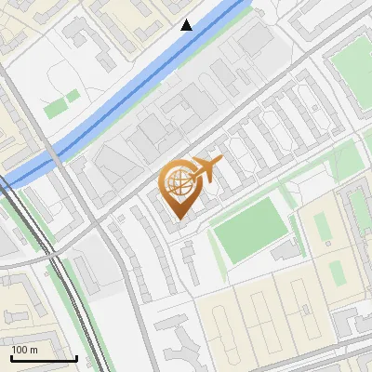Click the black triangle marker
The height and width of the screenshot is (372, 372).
[x=187, y=25]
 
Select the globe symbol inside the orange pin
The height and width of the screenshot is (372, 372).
[x=178, y=184]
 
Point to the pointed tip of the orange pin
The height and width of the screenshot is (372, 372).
[x=178, y=219]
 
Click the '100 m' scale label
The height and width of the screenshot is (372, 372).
[x=24, y=350]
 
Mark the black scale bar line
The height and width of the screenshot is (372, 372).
[x=44, y=358]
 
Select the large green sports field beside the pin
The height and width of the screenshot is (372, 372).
[x=248, y=228]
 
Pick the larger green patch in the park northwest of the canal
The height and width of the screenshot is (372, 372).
[x=56, y=108]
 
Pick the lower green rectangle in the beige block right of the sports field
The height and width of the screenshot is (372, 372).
[x=336, y=272]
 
